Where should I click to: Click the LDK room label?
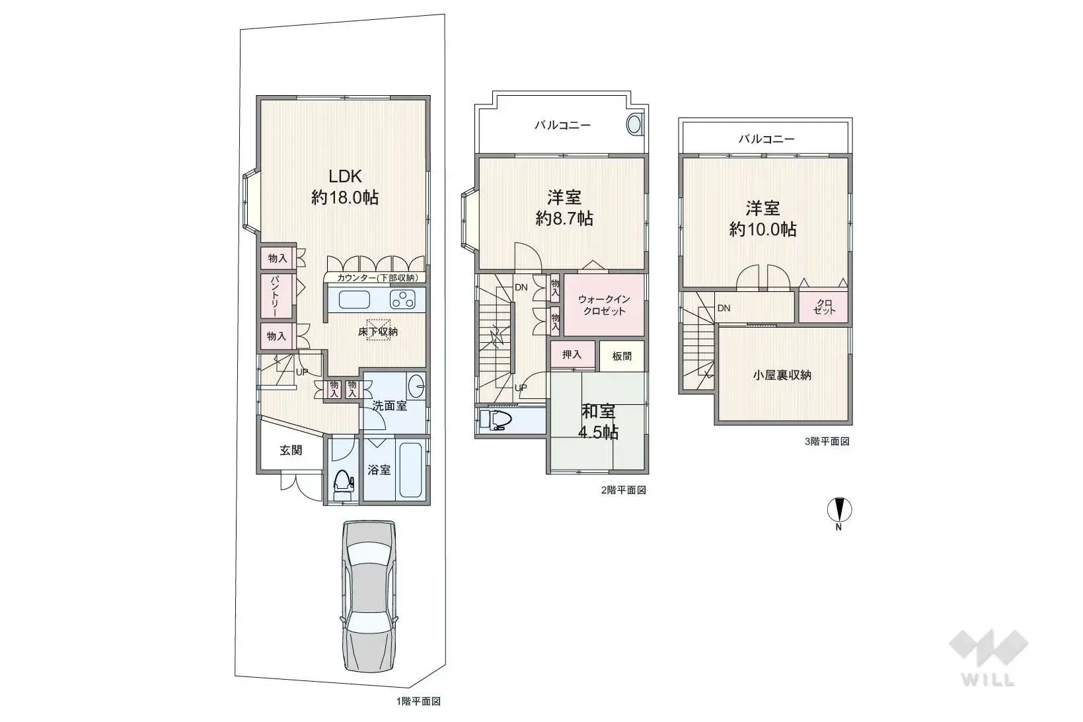click(x=345, y=186)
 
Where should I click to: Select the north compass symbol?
click(x=839, y=511)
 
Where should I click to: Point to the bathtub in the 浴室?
click(x=411, y=469)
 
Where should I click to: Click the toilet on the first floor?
click(x=342, y=484)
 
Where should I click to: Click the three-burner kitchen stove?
click(x=402, y=300)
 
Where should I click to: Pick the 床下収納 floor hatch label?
click(x=378, y=331)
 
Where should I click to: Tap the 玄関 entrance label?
click(x=291, y=450)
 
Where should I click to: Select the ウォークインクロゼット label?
click(x=604, y=305)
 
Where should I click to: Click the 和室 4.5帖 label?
click(x=599, y=421)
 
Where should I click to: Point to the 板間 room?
click(x=622, y=356)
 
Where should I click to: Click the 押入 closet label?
click(x=572, y=355)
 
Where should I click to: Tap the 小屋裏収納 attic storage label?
click(x=782, y=375)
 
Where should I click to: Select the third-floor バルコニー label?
click(x=766, y=139)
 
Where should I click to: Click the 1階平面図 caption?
click(x=418, y=702)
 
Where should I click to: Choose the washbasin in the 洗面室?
click(x=416, y=384)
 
